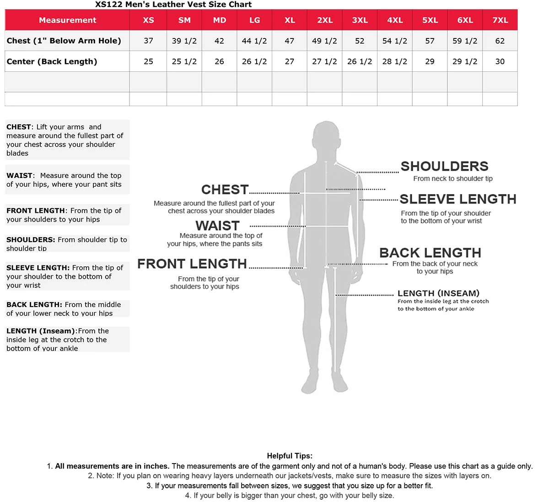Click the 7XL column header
click(500, 20)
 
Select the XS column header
click(148, 20)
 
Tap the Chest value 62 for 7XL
click(500, 41)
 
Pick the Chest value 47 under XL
click(290, 41)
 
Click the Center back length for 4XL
click(394, 61)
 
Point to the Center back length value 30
click(500, 61)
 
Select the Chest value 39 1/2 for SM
click(184, 41)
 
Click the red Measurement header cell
click(67, 20)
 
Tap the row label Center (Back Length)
click(52, 61)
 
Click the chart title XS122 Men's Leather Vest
click(173, 5)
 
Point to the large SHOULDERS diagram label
click(444, 166)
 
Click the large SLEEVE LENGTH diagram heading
click(457, 199)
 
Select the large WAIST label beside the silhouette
click(217, 226)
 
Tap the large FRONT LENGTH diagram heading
click(192, 264)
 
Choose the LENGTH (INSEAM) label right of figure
click(438, 293)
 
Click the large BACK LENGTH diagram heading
click(430, 253)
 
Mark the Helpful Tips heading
click(290, 456)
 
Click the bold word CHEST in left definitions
click(19, 127)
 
